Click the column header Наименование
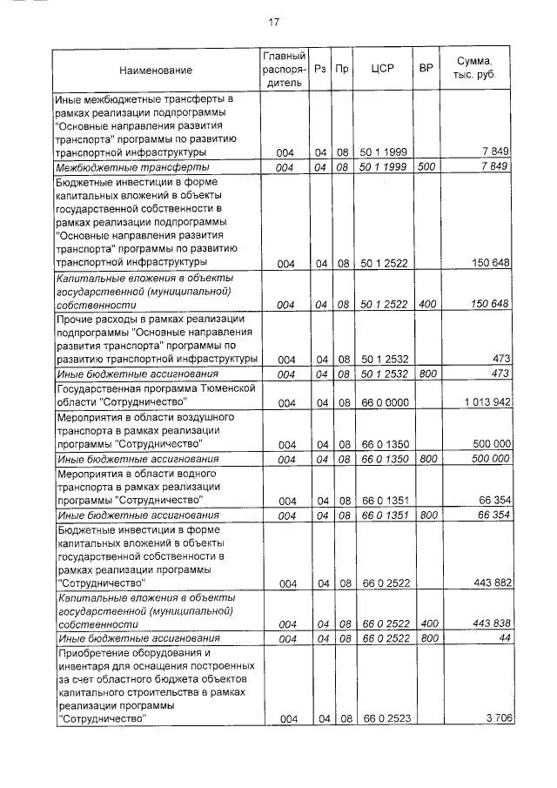(156, 70)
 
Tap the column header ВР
(426, 69)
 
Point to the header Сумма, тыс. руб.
(474, 69)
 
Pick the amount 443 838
(491, 624)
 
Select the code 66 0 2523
(382, 718)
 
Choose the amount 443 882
(491, 582)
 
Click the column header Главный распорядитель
(281, 69)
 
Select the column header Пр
(343, 69)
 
